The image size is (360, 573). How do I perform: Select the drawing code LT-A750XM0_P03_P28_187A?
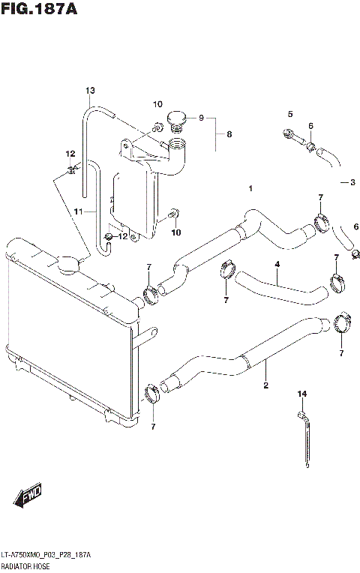coord(46,554)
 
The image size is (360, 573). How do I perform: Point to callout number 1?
coord(250,187)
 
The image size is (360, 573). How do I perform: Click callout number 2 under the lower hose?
coord(265,386)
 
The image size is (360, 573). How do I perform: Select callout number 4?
coord(277,264)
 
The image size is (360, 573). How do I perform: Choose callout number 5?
coord(289,113)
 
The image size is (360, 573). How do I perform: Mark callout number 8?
coord(229,135)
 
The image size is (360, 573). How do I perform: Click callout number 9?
coord(200,117)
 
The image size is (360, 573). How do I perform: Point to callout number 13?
coord(89,91)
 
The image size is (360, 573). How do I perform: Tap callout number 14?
coord(302,394)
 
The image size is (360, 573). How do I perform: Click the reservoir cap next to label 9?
coord(176,119)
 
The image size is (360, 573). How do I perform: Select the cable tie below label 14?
coord(305,439)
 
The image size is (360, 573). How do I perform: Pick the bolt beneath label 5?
coord(294,137)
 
